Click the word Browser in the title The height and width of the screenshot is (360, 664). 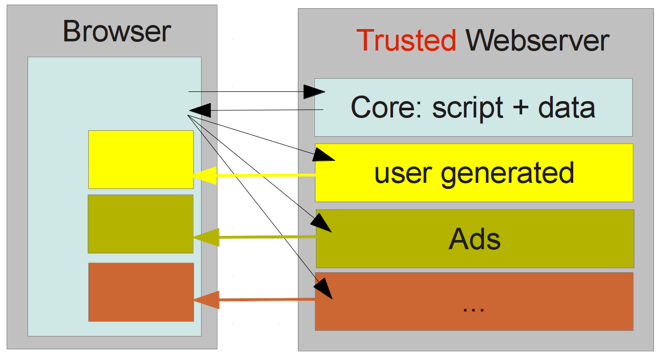[116, 32]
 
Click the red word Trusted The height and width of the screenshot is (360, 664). [406, 41]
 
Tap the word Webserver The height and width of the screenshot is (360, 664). [537, 41]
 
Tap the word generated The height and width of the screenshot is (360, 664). [507, 174]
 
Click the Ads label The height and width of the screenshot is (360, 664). [475, 238]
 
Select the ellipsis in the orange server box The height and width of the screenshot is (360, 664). [473, 308]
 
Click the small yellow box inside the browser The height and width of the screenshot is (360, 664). [141, 159]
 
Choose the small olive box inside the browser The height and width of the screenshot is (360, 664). [140, 224]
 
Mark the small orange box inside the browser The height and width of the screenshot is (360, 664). [141, 292]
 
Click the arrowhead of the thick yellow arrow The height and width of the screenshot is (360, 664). [204, 176]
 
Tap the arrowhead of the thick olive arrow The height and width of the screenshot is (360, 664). [206, 237]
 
